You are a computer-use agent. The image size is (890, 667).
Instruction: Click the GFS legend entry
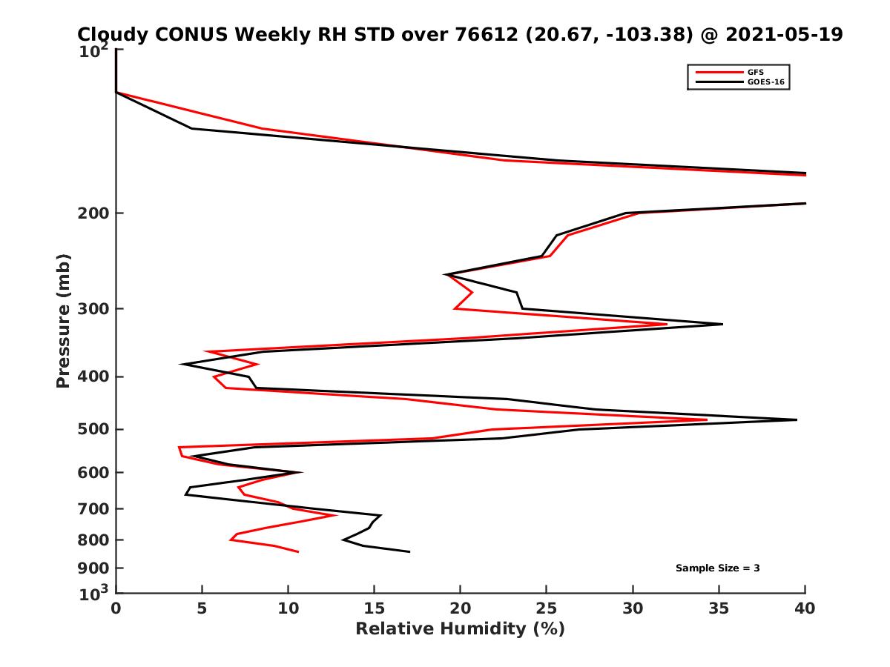(756, 72)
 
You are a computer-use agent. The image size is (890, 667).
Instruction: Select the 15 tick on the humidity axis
(375, 608)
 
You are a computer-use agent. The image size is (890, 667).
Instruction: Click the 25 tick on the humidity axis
(547, 608)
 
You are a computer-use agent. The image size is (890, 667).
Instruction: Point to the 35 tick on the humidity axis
(719, 608)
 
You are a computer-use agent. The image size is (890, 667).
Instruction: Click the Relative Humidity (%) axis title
(460, 629)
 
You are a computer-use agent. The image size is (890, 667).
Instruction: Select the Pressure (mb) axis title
(63, 321)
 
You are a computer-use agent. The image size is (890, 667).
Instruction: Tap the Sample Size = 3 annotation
(717, 568)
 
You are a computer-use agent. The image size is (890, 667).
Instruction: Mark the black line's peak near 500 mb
(797, 419)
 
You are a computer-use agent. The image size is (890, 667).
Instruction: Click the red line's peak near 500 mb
(707, 419)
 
